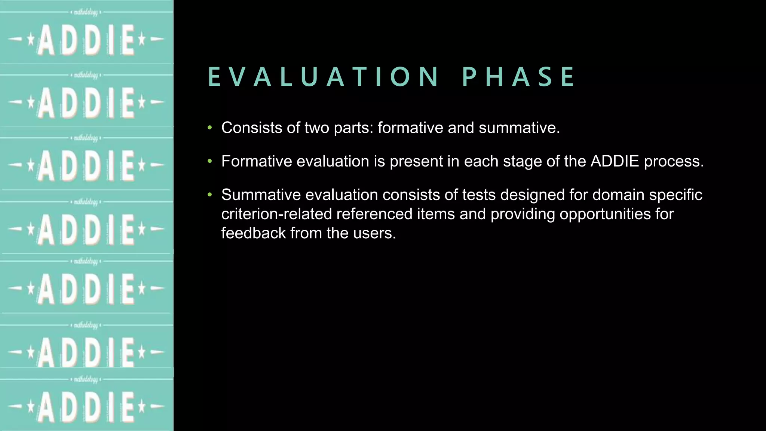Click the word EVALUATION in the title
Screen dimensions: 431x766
pos(323,77)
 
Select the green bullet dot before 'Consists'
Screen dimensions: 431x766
pos(210,128)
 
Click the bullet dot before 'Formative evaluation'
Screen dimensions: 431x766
pos(210,161)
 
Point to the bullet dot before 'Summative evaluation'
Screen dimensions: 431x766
pos(210,195)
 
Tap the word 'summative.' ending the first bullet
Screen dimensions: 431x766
pos(519,128)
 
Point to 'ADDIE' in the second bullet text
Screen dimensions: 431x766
pos(615,161)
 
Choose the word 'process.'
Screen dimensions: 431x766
pos(674,162)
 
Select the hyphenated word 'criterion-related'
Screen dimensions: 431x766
pos(276,214)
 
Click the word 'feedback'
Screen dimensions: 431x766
pos(254,233)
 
